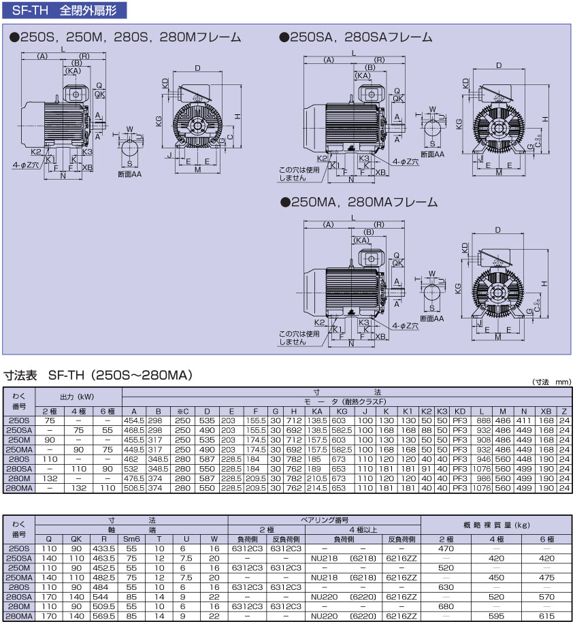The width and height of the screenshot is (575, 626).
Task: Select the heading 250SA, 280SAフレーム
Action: pos(355,37)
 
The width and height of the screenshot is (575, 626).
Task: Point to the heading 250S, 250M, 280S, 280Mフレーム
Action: pos(125,37)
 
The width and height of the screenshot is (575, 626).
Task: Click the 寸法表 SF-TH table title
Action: pos(99,375)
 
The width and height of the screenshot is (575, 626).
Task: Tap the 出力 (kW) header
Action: pos(78,397)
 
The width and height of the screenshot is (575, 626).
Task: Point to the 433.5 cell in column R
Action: pos(104,548)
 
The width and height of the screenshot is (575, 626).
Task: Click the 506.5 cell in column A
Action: pos(135,488)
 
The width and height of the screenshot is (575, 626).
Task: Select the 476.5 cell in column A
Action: pos(135,478)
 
